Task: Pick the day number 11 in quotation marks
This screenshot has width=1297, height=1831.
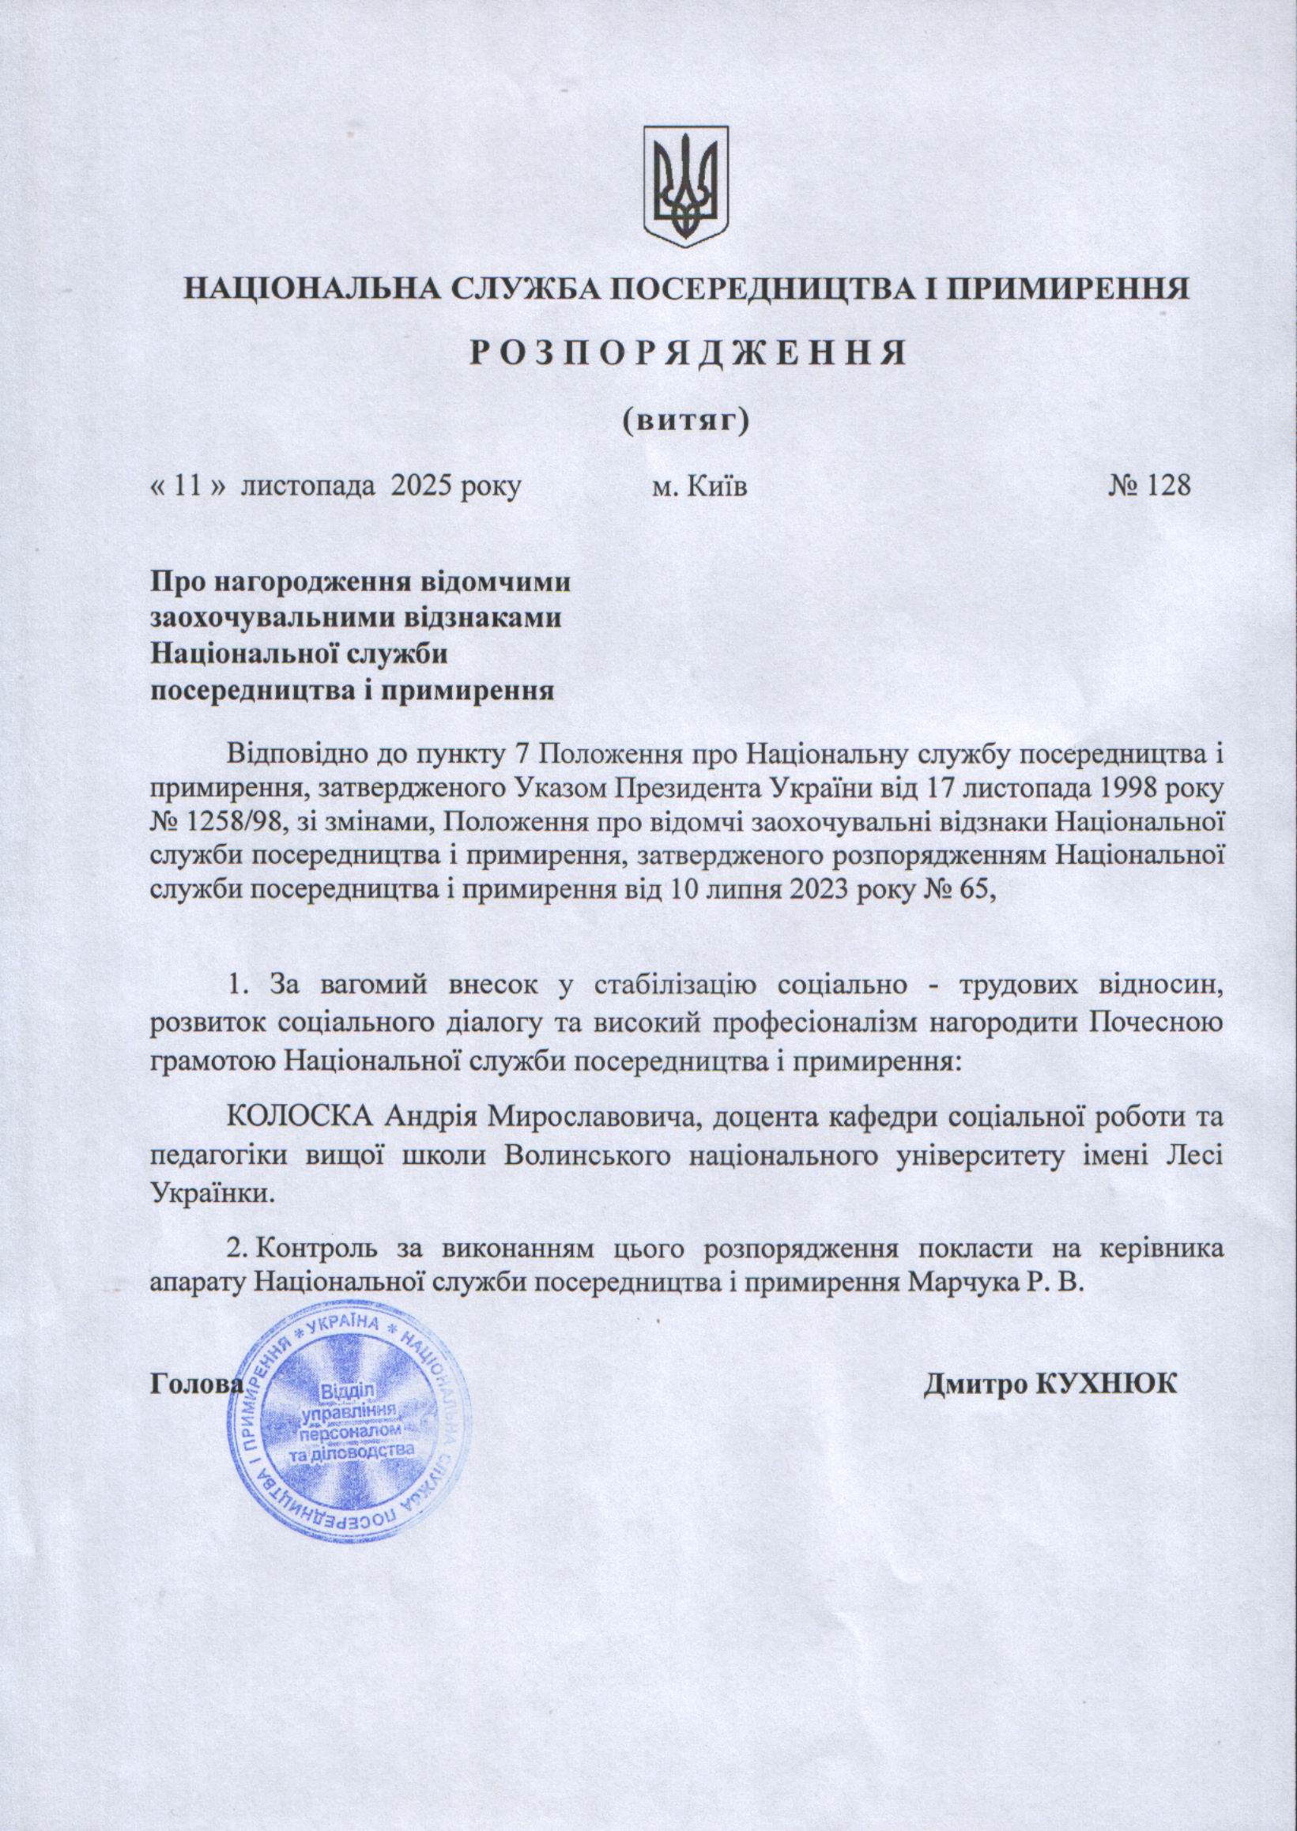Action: click(184, 484)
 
